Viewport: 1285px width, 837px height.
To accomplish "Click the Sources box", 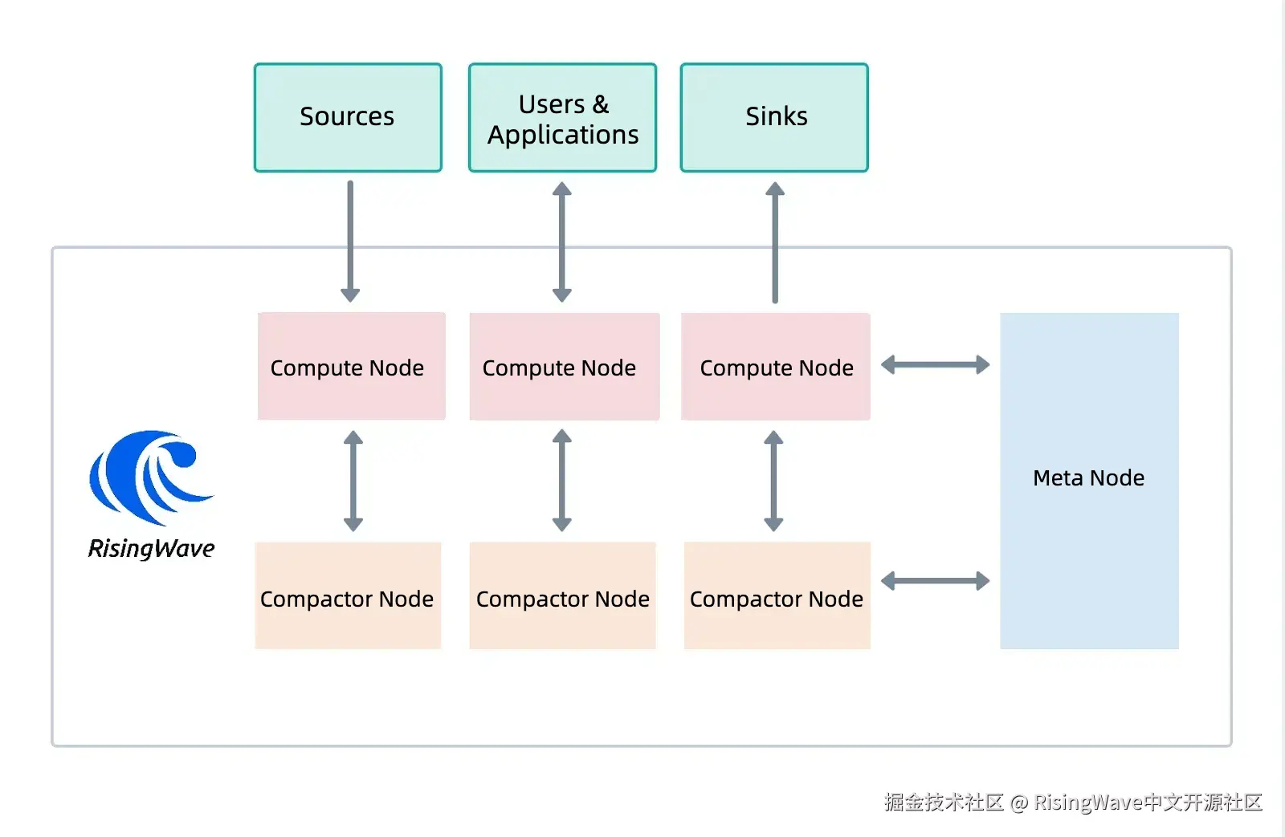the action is (348, 117).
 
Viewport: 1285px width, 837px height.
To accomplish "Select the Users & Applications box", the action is (562, 117).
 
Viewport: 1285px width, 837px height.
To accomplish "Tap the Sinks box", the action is (774, 117).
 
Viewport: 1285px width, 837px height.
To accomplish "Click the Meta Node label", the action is (1088, 477).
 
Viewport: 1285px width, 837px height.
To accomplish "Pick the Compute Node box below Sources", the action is (351, 366).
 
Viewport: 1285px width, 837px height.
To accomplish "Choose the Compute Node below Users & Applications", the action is (564, 366).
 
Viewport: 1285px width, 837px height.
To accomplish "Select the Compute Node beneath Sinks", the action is (776, 366).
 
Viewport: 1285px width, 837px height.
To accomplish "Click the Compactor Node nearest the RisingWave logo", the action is (348, 595).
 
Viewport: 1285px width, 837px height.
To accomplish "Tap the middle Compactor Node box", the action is (562, 595).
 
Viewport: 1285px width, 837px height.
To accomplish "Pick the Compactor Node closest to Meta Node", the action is (777, 595).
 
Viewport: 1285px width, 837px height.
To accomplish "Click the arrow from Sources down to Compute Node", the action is (350, 242).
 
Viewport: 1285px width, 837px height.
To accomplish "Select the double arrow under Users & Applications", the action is (561, 242).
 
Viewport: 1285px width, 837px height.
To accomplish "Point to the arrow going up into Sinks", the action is (775, 242).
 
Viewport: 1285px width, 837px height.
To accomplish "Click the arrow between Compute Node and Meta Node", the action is (935, 364).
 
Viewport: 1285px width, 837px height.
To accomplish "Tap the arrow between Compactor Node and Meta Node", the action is (935, 581).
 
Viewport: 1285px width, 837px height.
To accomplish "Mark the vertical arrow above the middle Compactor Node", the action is (561, 481).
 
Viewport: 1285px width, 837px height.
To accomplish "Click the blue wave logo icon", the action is (152, 477).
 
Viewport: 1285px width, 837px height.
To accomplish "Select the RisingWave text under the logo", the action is (152, 549).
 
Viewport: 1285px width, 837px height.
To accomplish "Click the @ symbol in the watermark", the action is (1019, 802).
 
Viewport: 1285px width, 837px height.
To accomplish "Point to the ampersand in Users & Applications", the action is (601, 105).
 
